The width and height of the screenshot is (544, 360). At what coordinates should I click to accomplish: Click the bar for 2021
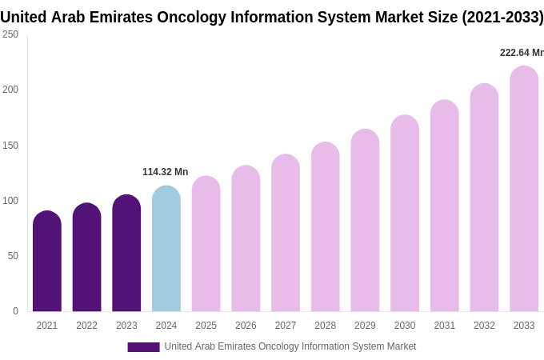[47, 262]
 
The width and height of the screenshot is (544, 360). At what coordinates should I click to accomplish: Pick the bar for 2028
[326, 227]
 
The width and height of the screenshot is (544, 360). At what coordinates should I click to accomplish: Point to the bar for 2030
[405, 214]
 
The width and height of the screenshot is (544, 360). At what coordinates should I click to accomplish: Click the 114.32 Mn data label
[165, 172]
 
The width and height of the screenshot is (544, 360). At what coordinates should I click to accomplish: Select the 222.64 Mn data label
[522, 53]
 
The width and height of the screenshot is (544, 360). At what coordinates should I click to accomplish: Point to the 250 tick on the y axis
[10, 34]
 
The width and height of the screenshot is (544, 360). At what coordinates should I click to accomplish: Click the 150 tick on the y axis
[10, 146]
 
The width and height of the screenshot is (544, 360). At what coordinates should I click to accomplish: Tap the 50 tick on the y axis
[13, 256]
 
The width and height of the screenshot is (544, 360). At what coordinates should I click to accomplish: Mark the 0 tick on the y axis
[15, 311]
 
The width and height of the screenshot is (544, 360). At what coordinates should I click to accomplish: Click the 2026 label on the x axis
[246, 326]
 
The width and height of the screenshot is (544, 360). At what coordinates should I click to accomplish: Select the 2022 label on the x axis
[86, 326]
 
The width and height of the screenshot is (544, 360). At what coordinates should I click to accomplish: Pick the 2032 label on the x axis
[484, 326]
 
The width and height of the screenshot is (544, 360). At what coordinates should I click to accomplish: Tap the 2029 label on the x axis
[365, 326]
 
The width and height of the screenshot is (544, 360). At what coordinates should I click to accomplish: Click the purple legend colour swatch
[143, 347]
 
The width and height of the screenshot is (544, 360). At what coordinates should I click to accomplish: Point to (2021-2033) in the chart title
[502, 17]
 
